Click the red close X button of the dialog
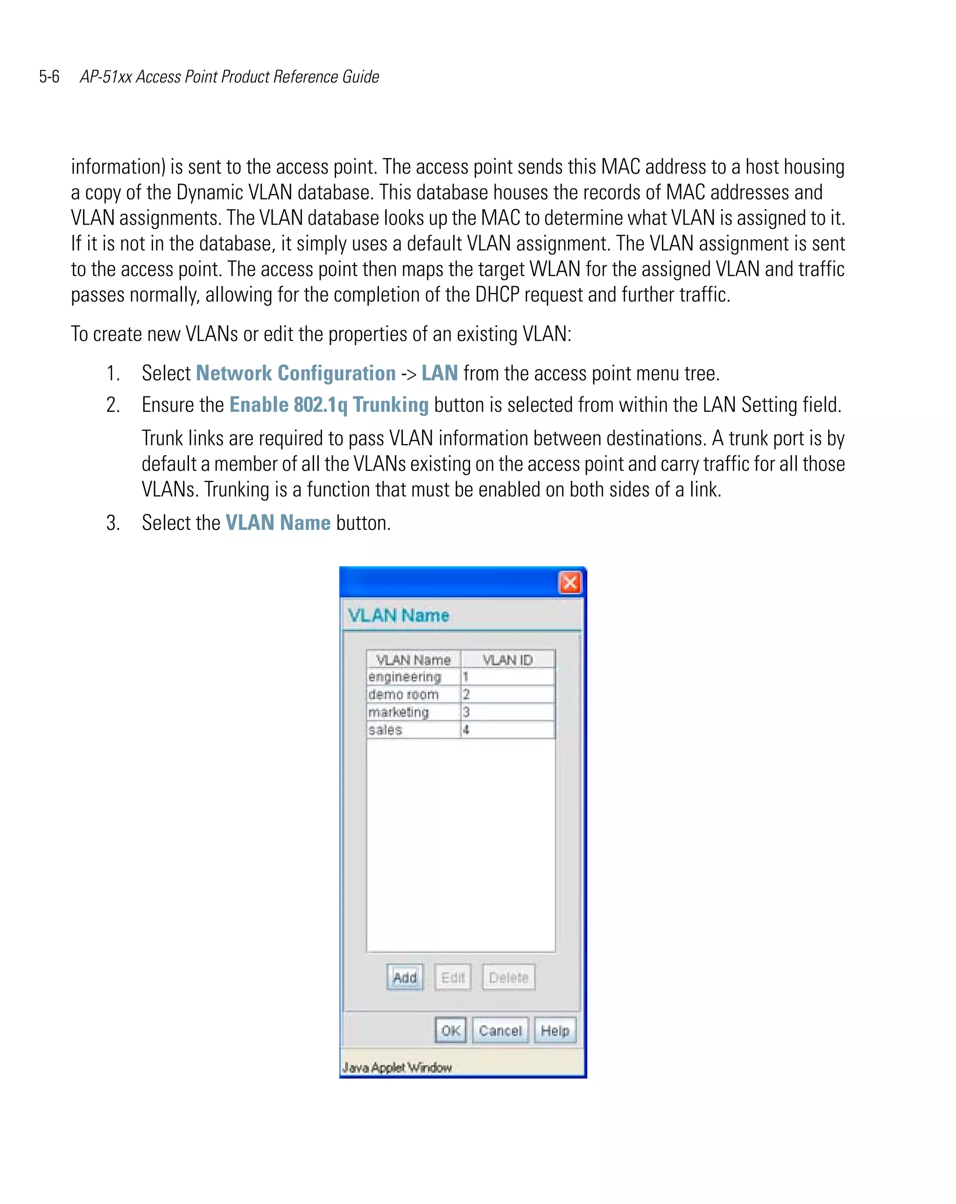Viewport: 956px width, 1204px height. pos(569,583)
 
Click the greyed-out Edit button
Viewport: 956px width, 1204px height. pos(452,977)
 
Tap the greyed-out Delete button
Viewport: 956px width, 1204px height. pos(508,977)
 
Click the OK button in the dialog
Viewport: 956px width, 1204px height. pos(450,1030)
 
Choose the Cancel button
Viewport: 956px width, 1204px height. pos(500,1030)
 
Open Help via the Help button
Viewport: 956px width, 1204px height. pos(555,1030)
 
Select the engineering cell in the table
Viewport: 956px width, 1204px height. pos(405,677)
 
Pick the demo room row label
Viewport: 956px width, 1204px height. pos(404,695)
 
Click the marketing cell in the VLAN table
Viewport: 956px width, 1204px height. pos(399,712)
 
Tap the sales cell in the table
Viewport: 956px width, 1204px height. pos(385,730)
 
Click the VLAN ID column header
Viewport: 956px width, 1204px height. pos(507,660)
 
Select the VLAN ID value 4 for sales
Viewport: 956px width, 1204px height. pos(466,730)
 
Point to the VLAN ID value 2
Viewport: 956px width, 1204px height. pos(466,695)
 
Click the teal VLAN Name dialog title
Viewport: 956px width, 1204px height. pos(398,615)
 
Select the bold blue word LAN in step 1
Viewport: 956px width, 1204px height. pos(439,373)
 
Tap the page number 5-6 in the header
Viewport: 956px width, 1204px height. pos(49,77)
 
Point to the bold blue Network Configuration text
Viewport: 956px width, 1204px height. pos(295,373)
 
